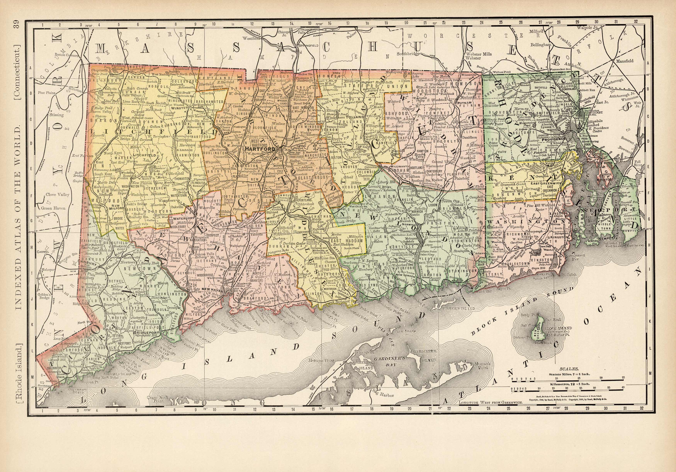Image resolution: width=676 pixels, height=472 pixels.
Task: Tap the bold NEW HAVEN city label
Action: pyautogui.click(x=211, y=289)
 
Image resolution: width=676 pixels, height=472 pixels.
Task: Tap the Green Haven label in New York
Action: pyautogui.click(x=53, y=208)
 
